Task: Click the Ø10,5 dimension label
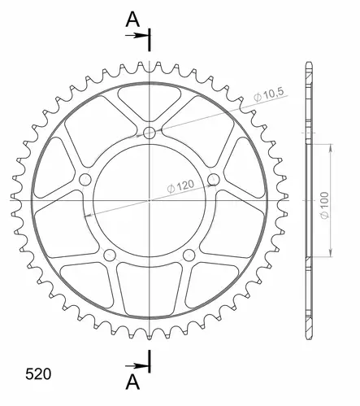pos(269,94)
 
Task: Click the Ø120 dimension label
pos(180,186)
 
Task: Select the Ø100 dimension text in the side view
pos(325,205)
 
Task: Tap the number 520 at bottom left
pos(38,374)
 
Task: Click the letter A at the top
pos(132,20)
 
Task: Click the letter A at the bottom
pos(132,382)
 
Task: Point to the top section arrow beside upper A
pos(136,36)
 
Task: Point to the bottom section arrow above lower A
pos(136,366)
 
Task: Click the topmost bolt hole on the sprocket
pos(150,133)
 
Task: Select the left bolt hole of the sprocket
pos(85,180)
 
